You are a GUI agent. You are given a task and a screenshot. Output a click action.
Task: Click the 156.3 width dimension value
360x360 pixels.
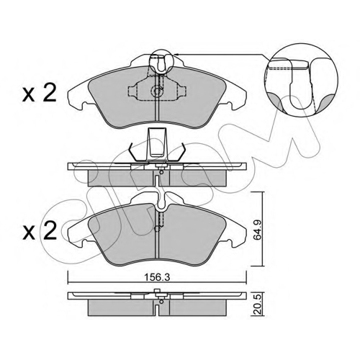pyautogui.click(x=157, y=277)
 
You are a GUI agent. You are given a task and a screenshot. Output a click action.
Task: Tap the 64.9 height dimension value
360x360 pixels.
pyautogui.click(x=258, y=230)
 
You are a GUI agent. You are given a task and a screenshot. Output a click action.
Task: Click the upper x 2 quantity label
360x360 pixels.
pyautogui.click(x=40, y=94)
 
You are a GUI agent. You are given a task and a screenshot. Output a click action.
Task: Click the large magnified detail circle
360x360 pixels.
pyautogui.click(x=301, y=43)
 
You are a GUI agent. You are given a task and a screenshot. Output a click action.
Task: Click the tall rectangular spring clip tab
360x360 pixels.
pyautogui.click(x=157, y=144)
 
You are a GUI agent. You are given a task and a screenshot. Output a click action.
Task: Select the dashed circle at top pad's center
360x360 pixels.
pyautogui.click(x=157, y=91)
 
